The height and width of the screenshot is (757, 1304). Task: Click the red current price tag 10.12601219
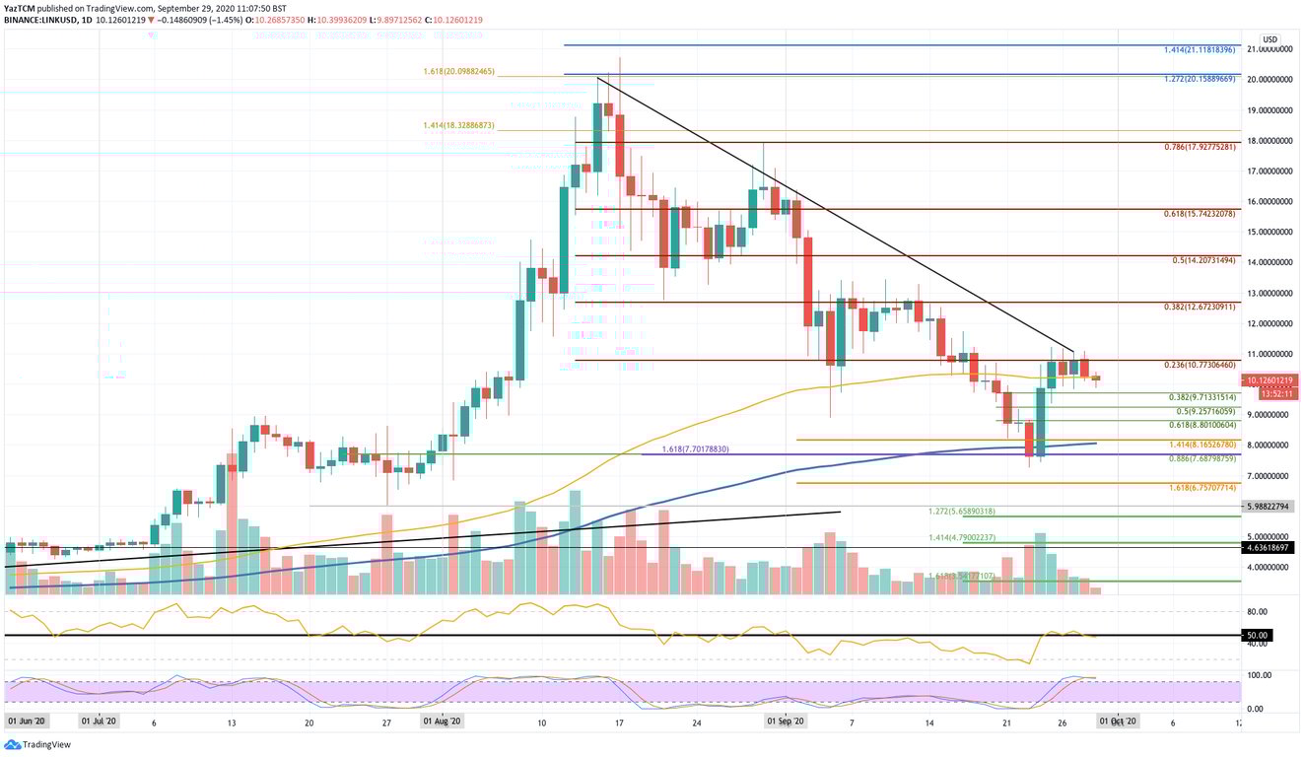click(x=1270, y=380)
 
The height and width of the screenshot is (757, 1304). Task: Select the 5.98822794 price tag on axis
click(x=1270, y=506)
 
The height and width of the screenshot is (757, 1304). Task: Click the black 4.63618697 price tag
click(x=1270, y=547)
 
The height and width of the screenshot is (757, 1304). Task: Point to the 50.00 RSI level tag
click(x=1257, y=636)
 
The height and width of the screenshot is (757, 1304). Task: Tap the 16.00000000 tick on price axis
click(x=1270, y=201)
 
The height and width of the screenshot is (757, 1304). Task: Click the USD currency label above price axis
click(x=1270, y=39)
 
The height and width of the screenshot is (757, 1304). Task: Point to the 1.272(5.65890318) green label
click(x=961, y=512)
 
